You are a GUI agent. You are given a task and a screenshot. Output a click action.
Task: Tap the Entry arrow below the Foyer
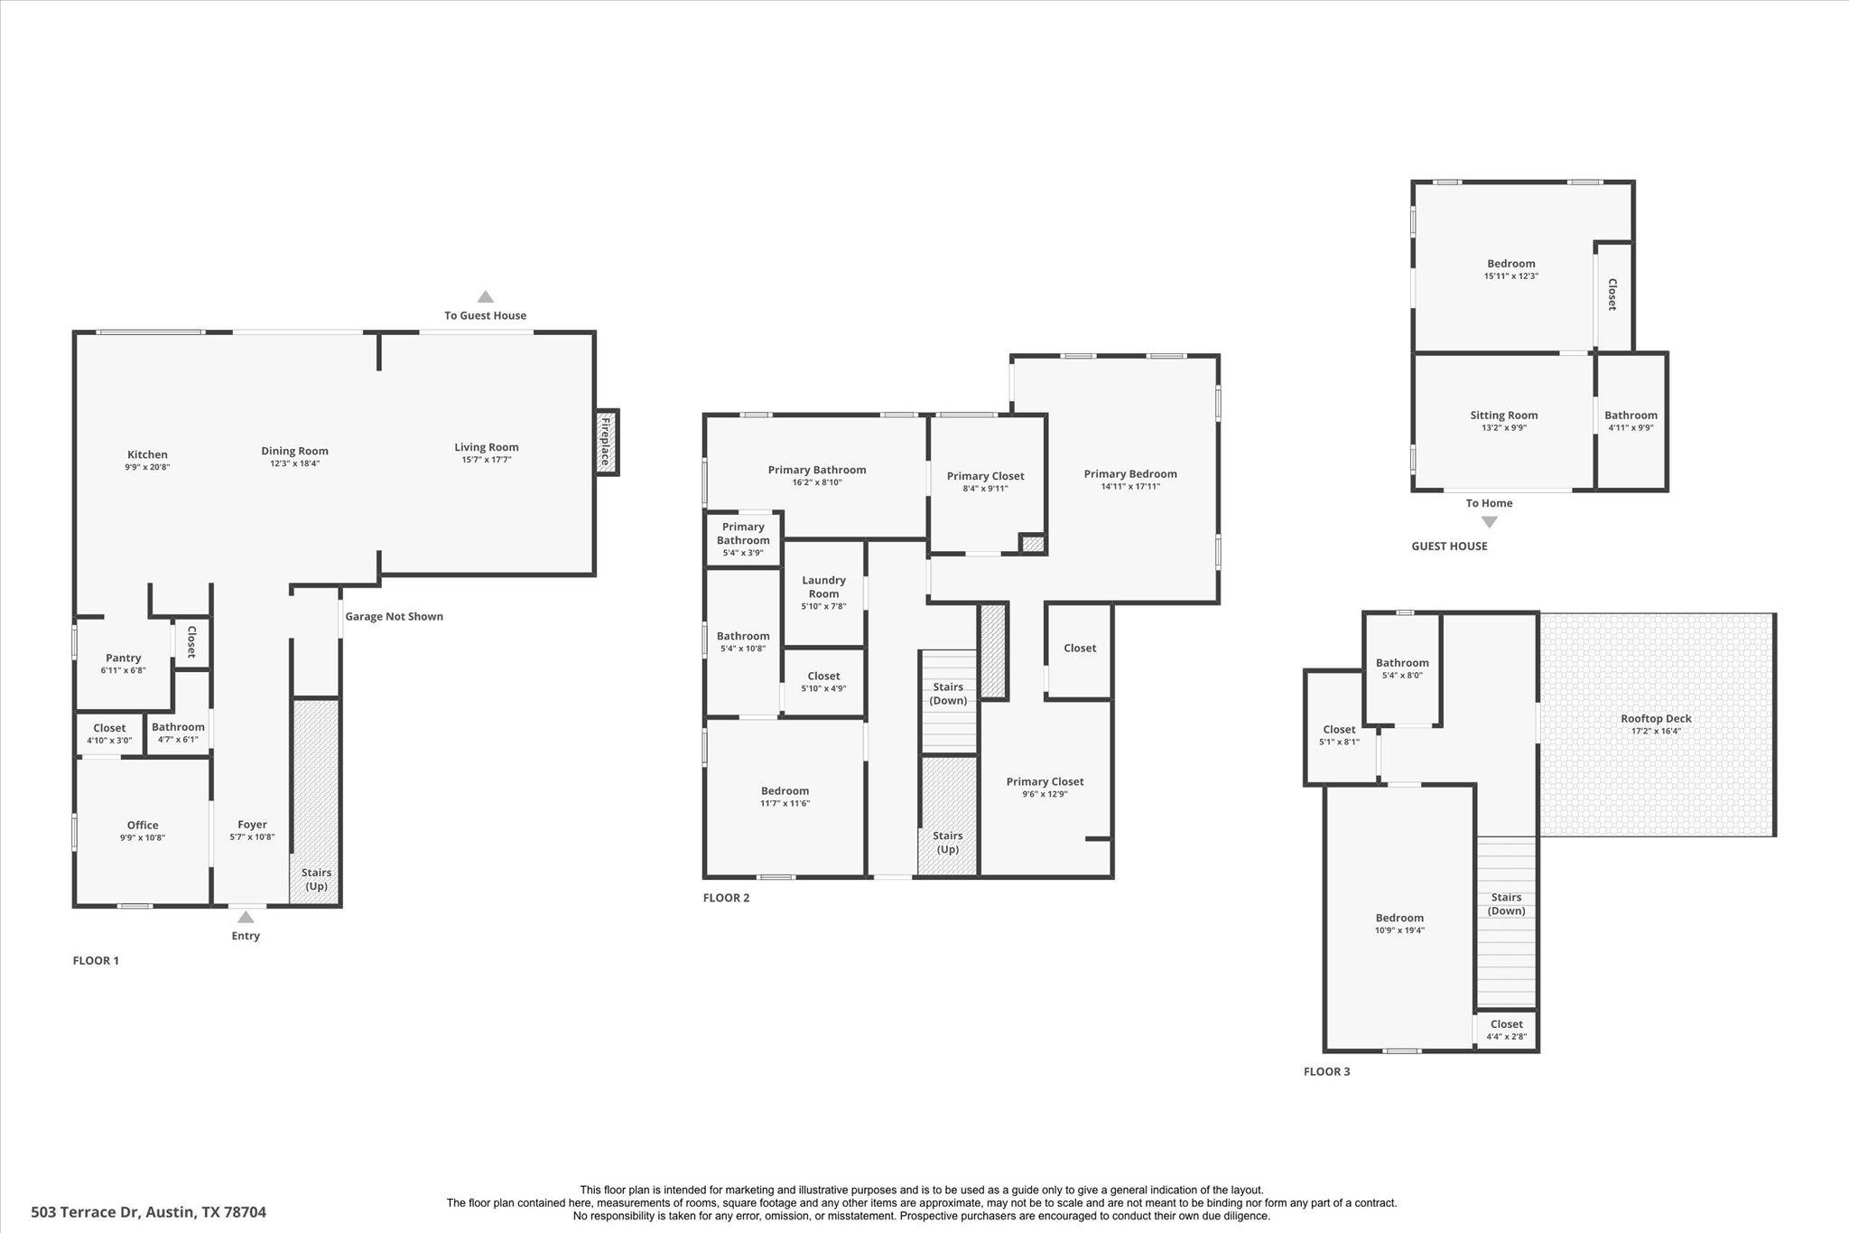(246, 917)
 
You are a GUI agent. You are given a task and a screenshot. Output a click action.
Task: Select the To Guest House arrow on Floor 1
(485, 297)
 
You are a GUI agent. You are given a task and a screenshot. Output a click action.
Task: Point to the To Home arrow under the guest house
(1489, 522)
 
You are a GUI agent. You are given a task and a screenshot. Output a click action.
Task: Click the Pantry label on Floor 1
(124, 659)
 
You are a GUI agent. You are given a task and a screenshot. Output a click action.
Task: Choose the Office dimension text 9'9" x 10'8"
(143, 838)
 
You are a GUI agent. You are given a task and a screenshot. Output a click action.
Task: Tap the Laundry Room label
(823, 587)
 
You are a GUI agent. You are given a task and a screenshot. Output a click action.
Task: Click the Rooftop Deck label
(1656, 719)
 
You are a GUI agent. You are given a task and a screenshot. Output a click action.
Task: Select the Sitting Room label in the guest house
(1503, 416)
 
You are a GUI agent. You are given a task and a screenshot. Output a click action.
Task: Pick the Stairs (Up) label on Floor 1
(316, 879)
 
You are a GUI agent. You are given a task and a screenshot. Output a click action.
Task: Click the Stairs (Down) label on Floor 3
(1506, 903)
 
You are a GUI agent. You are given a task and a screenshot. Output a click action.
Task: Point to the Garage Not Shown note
(394, 617)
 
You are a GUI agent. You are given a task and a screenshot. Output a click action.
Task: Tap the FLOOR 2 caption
(726, 898)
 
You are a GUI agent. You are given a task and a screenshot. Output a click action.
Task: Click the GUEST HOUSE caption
(1449, 546)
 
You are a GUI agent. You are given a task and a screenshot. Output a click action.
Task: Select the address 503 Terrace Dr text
(149, 1212)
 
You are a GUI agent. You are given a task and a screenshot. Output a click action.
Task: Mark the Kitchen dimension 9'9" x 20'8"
(147, 468)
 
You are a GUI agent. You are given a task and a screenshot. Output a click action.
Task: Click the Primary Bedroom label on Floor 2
(1130, 474)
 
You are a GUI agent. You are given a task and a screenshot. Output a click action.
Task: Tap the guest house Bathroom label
(1631, 416)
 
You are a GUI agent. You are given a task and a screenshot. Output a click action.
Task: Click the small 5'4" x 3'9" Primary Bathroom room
(743, 539)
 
